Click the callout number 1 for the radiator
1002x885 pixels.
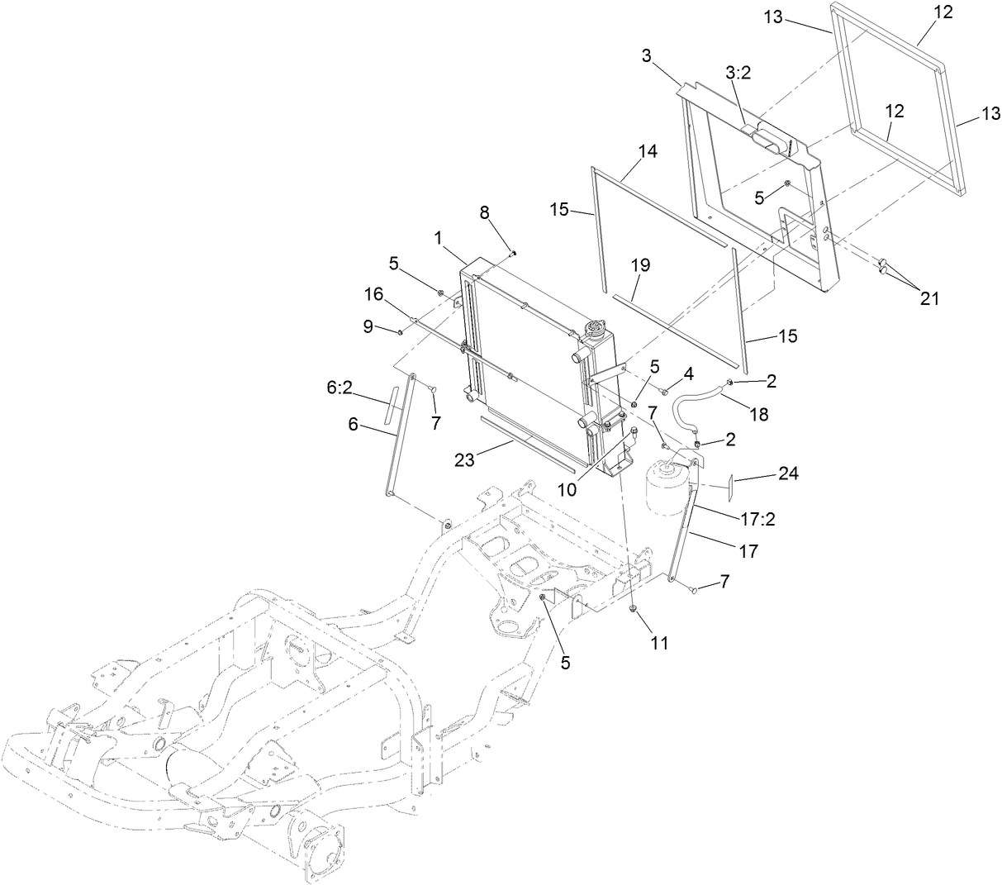pos(443,237)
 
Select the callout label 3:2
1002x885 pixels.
pos(738,73)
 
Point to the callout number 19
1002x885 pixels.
pos(640,265)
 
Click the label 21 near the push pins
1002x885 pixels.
pos(929,299)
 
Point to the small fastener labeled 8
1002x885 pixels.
pos(514,253)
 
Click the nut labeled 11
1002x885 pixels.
pos(632,610)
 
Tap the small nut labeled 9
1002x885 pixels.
pos(401,332)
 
